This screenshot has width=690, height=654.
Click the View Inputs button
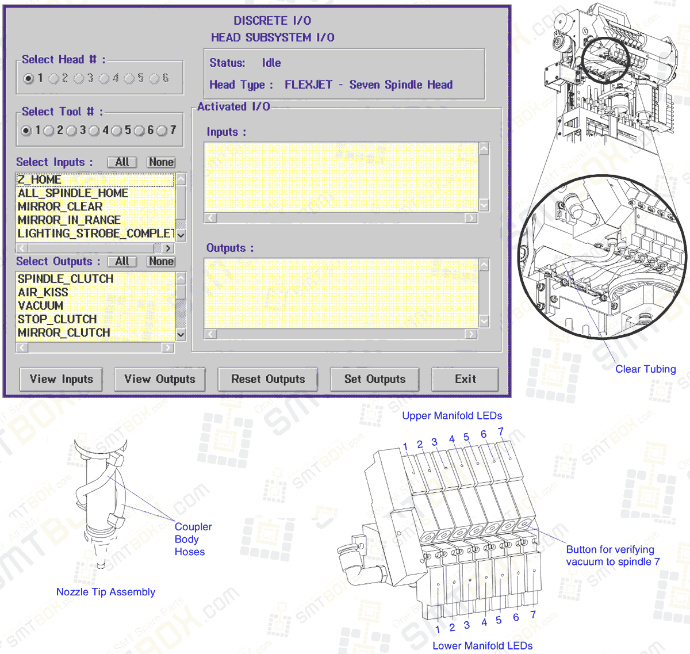tap(61, 379)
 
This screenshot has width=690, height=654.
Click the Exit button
tap(465, 379)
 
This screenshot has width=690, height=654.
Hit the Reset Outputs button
tap(268, 379)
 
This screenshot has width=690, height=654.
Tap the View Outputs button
tap(160, 379)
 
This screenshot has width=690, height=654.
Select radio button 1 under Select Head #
tap(28, 78)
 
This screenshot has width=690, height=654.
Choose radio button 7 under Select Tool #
tap(162, 131)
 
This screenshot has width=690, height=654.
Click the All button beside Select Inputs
tap(122, 162)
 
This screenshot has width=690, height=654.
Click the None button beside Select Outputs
tap(161, 261)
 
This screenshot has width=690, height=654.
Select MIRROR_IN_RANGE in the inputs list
tap(69, 220)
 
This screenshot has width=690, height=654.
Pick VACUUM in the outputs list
tap(40, 305)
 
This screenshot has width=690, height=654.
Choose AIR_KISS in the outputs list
tap(43, 292)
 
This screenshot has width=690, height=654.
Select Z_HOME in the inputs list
tap(39, 179)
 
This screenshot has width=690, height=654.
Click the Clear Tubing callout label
tap(645, 369)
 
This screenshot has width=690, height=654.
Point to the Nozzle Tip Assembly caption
tap(106, 592)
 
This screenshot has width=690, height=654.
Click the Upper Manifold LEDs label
tap(452, 416)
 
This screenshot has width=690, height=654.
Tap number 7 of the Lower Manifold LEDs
tap(533, 614)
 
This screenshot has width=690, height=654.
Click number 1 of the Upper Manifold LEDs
tap(405, 446)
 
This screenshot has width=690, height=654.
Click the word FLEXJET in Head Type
tap(308, 85)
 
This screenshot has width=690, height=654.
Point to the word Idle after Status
tap(271, 63)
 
